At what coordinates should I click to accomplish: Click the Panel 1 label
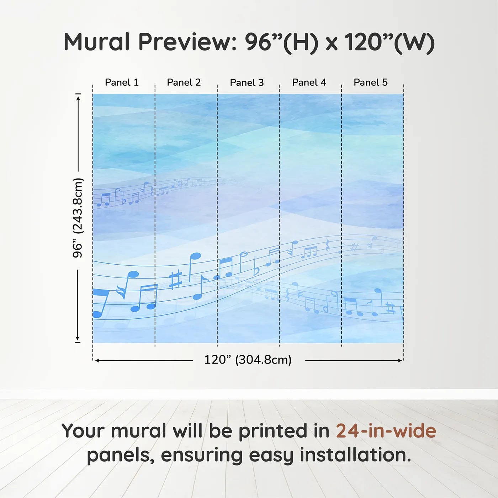pyautogui.click(x=122, y=83)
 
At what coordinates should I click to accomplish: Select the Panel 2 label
pyautogui.click(x=184, y=83)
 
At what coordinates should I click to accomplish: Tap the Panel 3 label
pyautogui.click(x=247, y=83)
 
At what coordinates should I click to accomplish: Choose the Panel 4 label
pyautogui.click(x=309, y=83)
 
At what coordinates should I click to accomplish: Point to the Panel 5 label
pyautogui.click(x=370, y=83)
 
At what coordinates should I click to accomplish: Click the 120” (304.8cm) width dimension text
pyautogui.click(x=248, y=360)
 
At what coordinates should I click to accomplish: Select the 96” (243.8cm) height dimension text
pyautogui.click(x=78, y=218)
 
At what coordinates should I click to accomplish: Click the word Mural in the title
pyautogui.click(x=97, y=42)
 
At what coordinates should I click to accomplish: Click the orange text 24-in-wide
pyautogui.click(x=386, y=431)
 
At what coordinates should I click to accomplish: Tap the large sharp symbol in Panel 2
pyautogui.click(x=175, y=280)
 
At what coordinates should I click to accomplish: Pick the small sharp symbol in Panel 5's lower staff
pyautogui.click(x=390, y=308)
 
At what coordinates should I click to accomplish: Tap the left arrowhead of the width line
pyautogui.click(x=97, y=360)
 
